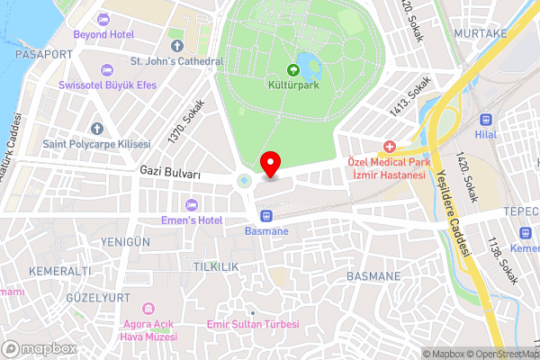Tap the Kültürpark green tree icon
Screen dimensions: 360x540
pyautogui.click(x=292, y=69)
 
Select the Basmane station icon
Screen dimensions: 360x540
pyautogui.click(x=266, y=215)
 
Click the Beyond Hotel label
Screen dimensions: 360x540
pyautogui.click(x=103, y=33)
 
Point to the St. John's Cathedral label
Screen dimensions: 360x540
pyautogui.click(x=176, y=61)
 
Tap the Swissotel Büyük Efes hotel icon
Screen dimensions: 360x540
pyautogui.click(x=107, y=69)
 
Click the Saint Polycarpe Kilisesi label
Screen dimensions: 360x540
pyautogui.click(x=96, y=144)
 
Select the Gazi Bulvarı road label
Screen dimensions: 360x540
pyautogui.click(x=170, y=169)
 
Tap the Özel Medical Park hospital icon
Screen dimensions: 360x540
pyautogui.click(x=389, y=146)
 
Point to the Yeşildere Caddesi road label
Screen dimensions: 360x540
pyautogui.click(x=454, y=213)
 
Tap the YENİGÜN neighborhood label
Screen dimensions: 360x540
pyautogui.click(x=125, y=242)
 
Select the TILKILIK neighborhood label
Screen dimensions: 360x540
pyautogui.click(x=215, y=267)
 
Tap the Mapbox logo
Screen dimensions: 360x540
pyautogui.click(x=39, y=348)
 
